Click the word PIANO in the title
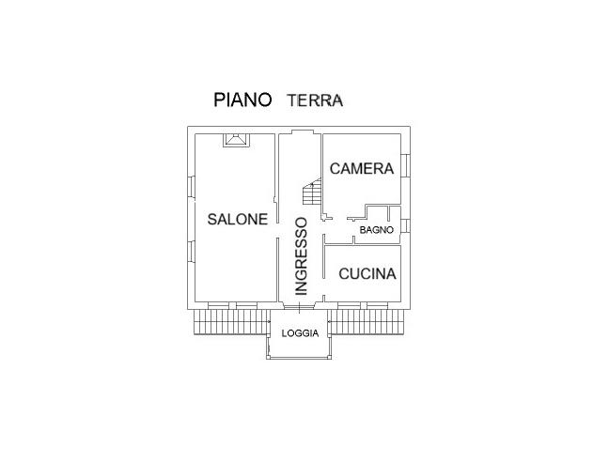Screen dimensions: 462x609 (x=242, y=100)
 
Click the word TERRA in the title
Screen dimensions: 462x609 (x=315, y=100)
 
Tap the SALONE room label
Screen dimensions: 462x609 (x=238, y=219)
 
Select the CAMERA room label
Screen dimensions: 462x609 (x=361, y=169)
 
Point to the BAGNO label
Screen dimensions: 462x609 (x=375, y=228)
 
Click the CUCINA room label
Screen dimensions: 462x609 (x=367, y=274)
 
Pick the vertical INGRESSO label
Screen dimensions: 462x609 (x=301, y=256)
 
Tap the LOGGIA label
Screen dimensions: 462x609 (x=300, y=332)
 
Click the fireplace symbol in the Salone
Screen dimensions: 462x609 (x=235, y=140)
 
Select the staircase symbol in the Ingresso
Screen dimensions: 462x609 (x=312, y=193)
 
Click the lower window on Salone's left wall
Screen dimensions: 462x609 (x=189, y=253)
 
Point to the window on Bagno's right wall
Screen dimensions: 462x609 (x=408, y=227)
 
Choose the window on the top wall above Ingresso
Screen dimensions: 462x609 (x=300, y=129)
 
